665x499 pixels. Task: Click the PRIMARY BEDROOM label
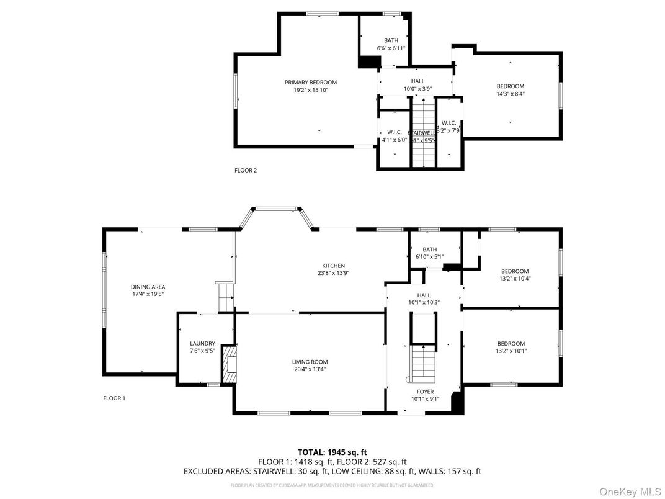(311, 83)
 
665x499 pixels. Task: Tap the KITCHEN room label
(333, 266)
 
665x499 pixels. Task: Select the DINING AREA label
(148, 287)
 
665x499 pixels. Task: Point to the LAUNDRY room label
(202, 343)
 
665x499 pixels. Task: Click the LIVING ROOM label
(310, 362)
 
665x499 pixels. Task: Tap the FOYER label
(425, 392)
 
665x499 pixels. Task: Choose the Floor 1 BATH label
(430, 249)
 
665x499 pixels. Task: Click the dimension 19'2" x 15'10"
(311, 90)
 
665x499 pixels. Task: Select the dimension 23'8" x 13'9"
(333, 273)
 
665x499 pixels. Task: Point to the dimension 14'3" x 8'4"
(510, 94)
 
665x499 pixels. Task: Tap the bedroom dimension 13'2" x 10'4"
(515, 279)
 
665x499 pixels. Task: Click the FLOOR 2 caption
(245, 170)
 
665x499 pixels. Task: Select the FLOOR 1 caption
(114, 398)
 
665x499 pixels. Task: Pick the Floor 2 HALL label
(417, 81)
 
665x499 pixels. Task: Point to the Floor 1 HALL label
(424, 295)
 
